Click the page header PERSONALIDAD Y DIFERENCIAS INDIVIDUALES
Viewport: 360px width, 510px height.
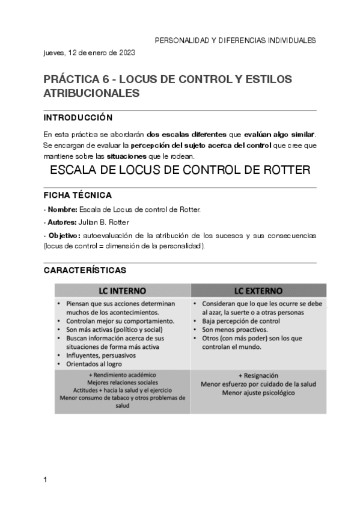(x=236, y=40)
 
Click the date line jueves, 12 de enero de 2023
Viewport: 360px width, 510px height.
(x=90, y=52)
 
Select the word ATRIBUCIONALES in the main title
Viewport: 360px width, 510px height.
(x=91, y=93)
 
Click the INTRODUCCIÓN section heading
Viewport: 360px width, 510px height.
(x=78, y=117)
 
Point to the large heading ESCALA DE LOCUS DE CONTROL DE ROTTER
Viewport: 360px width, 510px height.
(x=180, y=170)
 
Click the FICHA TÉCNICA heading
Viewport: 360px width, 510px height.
(x=77, y=196)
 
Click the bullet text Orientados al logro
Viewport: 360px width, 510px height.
(x=96, y=363)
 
